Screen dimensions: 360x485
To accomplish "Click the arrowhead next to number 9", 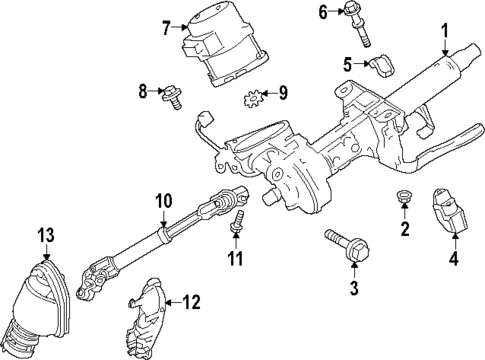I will (265, 96).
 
